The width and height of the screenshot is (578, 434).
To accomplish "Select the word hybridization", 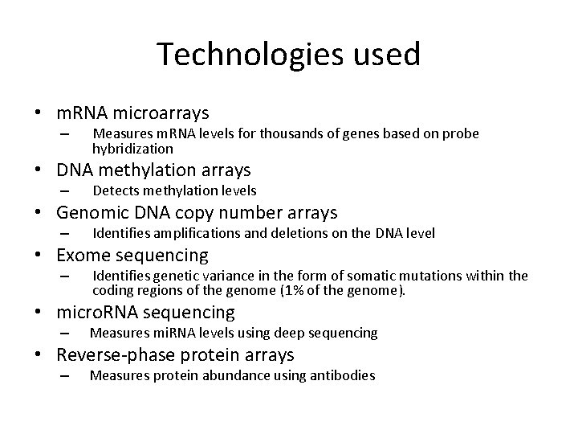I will coord(132,149).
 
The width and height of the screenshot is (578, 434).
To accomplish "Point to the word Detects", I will coord(116,190).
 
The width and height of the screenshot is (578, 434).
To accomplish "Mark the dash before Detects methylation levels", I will coord(65,191).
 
